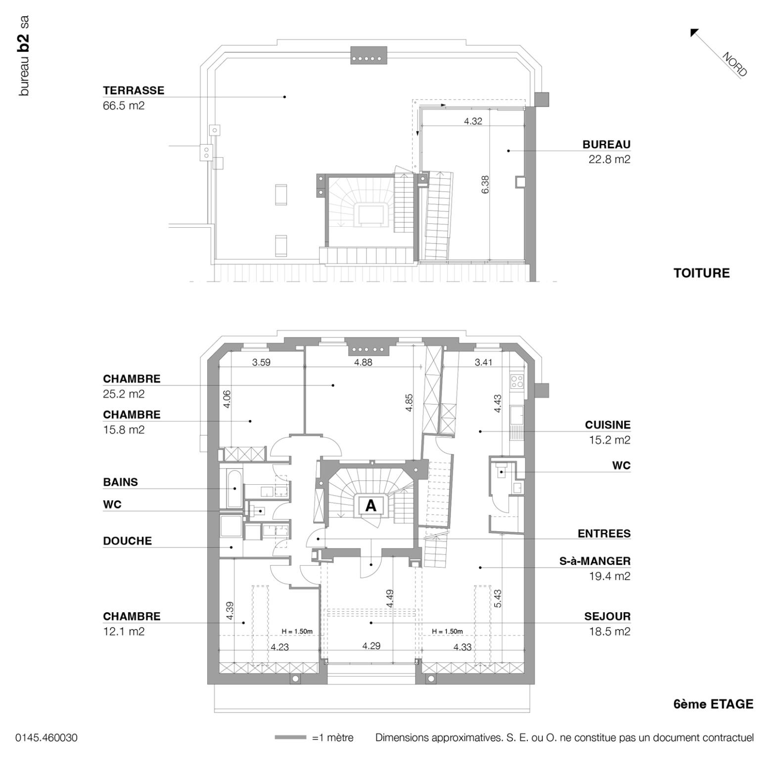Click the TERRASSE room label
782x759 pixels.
click(x=133, y=90)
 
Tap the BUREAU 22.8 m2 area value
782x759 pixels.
click(x=609, y=159)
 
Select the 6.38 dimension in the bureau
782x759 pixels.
click(x=485, y=184)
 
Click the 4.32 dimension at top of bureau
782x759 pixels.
click(x=473, y=121)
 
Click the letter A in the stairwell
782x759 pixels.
click(x=370, y=506)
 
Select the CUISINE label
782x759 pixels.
click(x=607, y=425)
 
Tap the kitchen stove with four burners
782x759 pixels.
click(x=517, y=381)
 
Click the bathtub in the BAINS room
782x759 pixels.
click(x=234, y=488)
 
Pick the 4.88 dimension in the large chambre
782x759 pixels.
click(x=363, y=362)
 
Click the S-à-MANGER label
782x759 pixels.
click(x=595, y=561)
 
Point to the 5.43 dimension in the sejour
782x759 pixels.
click(x=498, y=598)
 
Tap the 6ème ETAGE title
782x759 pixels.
click(x=713, y=704)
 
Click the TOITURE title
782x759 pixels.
click(x=701, y=273)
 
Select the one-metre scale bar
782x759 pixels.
click(x=290, y=738)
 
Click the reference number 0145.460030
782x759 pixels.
click(x=46, y=738)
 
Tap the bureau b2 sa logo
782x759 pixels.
click(x=23, y=55)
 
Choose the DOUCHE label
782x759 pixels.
click(x=127, y=541)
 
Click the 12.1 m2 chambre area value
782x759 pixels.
click(x=124, y=631)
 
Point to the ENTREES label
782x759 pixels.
click(x=604, y=534)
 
